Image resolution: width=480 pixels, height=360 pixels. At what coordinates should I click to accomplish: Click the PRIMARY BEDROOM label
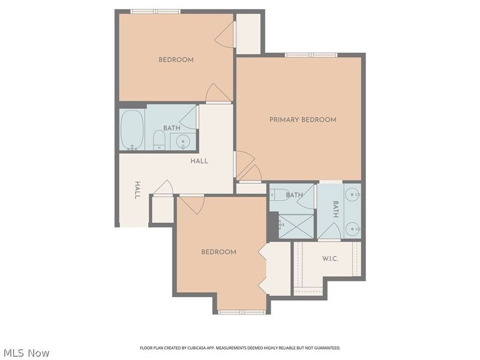click(302, 120)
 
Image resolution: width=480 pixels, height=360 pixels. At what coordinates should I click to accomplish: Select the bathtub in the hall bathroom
click(131, 129)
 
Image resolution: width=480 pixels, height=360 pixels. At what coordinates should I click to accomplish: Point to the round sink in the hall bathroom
click(184, 142)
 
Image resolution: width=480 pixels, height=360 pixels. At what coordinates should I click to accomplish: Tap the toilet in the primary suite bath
click(279, 194)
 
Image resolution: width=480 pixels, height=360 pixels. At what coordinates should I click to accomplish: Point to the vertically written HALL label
click(137, 190)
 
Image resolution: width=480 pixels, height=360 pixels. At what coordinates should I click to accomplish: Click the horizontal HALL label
click(199, 161)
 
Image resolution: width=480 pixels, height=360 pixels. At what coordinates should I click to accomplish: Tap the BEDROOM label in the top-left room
click(176, 59)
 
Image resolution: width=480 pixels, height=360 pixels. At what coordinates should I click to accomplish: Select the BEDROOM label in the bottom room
click(218, 252)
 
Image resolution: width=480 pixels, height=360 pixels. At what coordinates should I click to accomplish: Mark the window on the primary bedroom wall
click(311, 55)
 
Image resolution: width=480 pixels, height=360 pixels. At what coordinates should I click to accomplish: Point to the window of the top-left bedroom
click(155, 11)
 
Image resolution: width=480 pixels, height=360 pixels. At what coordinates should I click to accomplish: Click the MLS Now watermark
click(26, 353)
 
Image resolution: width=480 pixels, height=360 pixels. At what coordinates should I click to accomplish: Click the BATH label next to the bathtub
click(172, 128)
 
